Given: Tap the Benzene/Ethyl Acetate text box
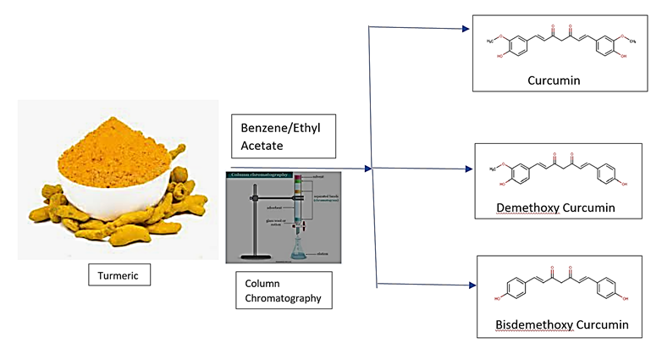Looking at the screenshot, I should [x=283, y=136].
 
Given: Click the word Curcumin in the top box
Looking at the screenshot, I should [x=555, y=80].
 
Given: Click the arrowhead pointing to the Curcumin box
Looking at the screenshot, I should [x=465, y=29].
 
